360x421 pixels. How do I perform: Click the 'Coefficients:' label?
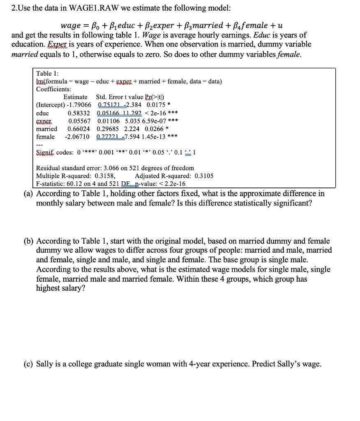pos(53,89)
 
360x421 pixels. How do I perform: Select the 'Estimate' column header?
pos(76,97)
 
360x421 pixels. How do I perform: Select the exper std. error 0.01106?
pos(109,121)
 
